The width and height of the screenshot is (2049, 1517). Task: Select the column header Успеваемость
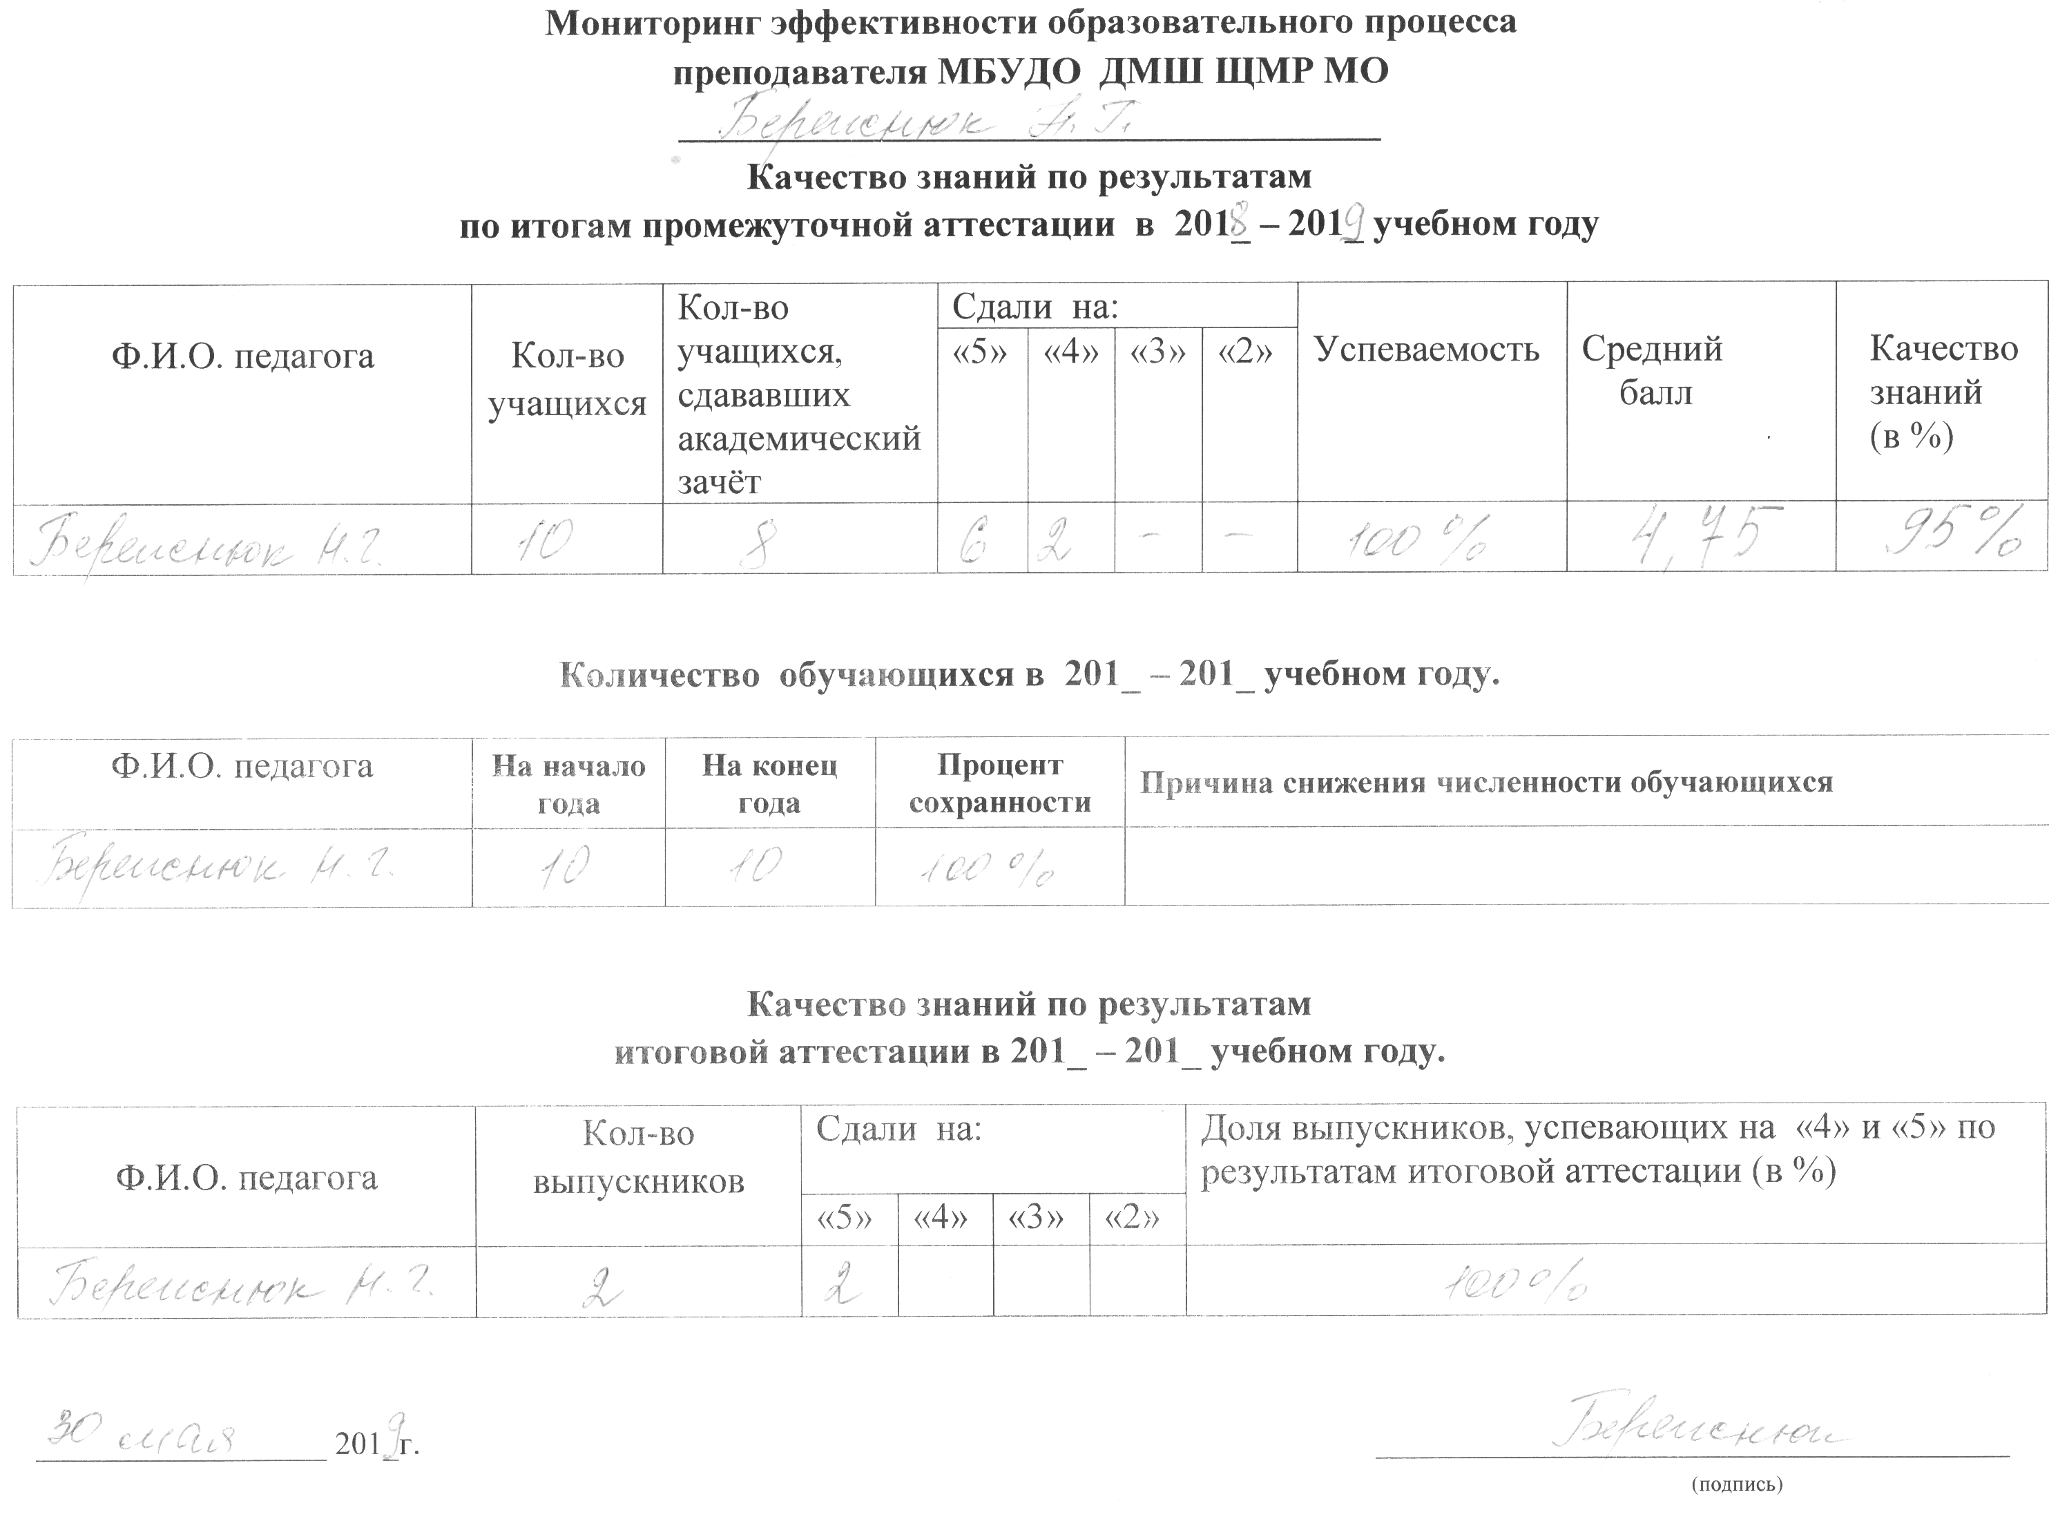pos(1427,350)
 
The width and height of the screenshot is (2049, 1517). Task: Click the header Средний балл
pos(1653,371)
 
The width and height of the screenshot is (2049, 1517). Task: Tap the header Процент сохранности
pos(1000,783)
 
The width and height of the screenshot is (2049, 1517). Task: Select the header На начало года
pos(568,784)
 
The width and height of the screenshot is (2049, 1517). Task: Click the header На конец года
pos(769,783)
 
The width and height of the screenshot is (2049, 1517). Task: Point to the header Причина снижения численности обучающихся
pos(1485,783)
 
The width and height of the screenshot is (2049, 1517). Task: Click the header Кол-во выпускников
pos(638,1158)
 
